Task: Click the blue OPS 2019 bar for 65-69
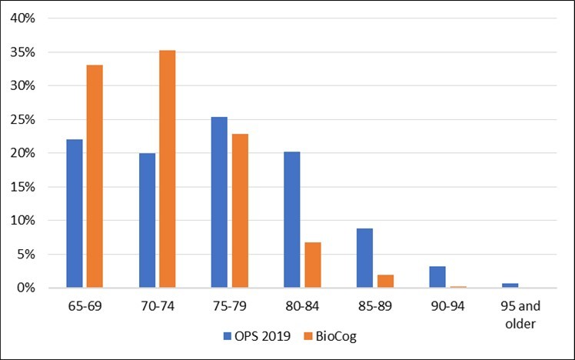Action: pyautogui.click(x=75, y=213)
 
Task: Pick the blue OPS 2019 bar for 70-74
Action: pyautogui.click(x=147, y=220)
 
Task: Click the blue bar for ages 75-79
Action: pyautogui.click(x=218, y=202)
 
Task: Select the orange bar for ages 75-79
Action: pyautogui.click(x=239, y=211)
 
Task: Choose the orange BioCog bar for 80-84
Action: pyautogui.click(x=311, y=265)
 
